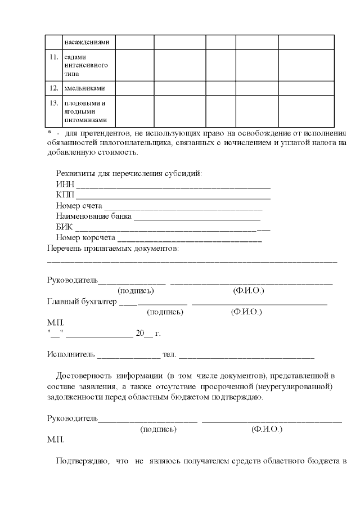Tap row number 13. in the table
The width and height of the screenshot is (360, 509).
(54, 103)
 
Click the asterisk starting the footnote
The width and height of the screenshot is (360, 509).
(49, 133)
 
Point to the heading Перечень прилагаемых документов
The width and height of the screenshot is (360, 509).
(112, 248)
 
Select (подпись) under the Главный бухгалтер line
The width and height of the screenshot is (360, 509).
(165, 312)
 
